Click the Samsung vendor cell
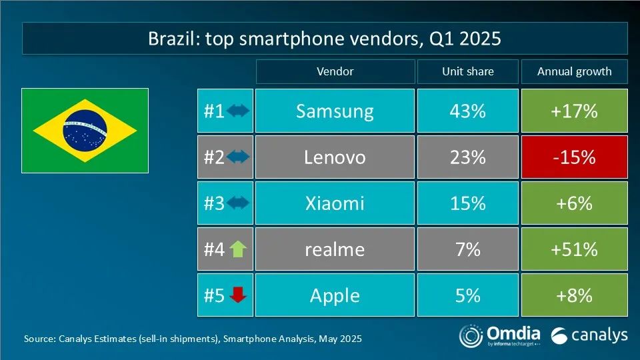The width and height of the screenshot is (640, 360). point(335,111)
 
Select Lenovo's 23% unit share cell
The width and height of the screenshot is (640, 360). point(467,157)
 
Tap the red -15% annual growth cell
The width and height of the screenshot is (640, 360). point(574,157)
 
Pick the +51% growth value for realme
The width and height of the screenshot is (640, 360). point(574,249)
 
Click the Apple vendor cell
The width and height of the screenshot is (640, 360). point(335,295)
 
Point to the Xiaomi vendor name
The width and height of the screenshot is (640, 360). point(335,203)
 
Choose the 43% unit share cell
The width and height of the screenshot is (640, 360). point(467,111)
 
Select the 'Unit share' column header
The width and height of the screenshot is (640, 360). point(467,71)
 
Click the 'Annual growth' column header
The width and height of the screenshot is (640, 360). point(574,71)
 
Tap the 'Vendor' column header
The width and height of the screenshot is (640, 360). point(335,71)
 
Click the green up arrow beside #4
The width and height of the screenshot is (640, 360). point(238,249)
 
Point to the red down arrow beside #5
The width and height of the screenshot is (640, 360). point(238,295)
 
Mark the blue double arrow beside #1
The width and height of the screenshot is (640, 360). point(238,111)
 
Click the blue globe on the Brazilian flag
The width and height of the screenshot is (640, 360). point(85,129)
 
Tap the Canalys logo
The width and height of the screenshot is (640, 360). point(590,335)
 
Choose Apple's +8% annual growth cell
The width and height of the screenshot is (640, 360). point(574,295)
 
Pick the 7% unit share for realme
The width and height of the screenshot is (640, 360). point(467,249)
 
